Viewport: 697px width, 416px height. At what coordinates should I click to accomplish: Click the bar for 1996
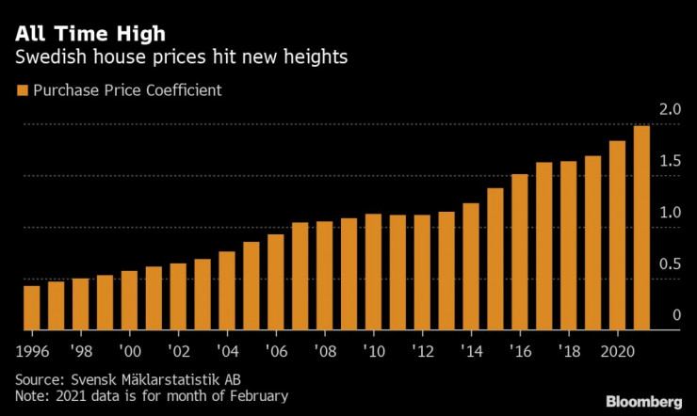point(31,307)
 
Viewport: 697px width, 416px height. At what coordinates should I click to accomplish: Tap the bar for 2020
point(617,235)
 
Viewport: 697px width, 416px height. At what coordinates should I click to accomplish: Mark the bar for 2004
point(226,291)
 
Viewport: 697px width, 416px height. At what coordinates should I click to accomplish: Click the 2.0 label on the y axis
point(670,110)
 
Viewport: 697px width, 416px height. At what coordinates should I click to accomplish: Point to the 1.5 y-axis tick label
point(670,162)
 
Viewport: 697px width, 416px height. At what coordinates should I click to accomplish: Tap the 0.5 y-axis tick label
point(670,264)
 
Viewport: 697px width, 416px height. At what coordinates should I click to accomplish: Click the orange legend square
point(22,91)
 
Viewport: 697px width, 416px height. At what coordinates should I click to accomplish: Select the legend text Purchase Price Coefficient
point(126,91)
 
